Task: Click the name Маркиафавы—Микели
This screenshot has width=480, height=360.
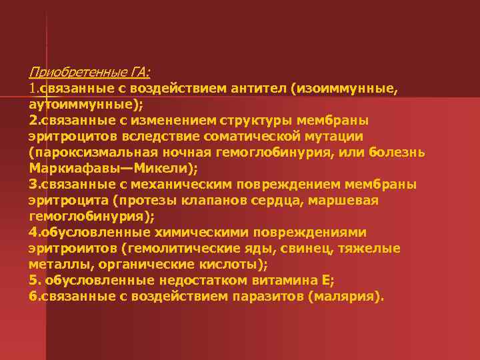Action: pos(114,169)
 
